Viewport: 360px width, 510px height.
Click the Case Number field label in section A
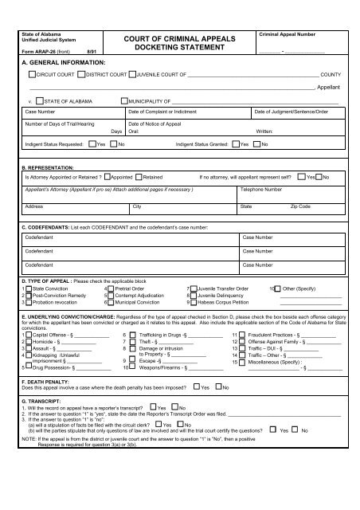tap(40, 113)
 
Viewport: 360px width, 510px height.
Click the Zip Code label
tap(301, 206)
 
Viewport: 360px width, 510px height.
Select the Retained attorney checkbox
tap(139, 176)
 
